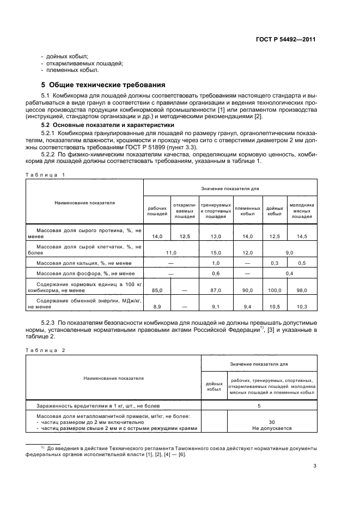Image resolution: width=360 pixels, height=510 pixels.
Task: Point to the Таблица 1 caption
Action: click(45, 174)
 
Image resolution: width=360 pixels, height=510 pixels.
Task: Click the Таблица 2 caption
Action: click(45, 350)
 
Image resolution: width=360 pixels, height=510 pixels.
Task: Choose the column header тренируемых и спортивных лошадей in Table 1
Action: click(216, 211)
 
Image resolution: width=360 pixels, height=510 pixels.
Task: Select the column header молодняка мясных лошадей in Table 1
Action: click(301, 211)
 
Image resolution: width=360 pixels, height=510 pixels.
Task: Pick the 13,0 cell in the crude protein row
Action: click(216, 236)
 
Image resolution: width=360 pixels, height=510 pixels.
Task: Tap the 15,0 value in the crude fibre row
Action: click(216, 252)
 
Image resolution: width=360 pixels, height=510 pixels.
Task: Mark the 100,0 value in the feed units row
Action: click(274, 290)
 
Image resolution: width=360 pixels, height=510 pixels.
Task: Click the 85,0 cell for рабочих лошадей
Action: click(157, 290)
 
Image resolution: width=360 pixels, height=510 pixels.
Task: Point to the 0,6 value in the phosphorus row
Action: click(216, 273)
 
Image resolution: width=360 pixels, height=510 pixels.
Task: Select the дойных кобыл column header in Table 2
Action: click(213, 386)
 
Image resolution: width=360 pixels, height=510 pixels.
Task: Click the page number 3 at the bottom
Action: click(315, 465)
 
